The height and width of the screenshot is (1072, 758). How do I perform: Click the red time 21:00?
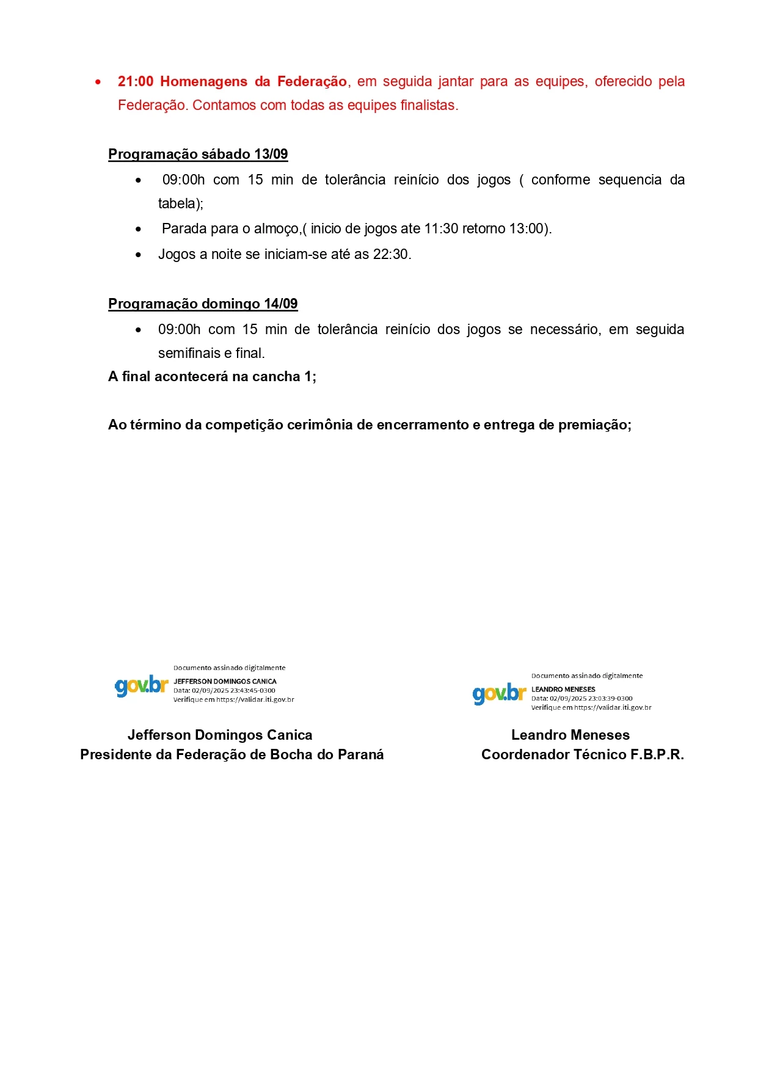pos(136,82)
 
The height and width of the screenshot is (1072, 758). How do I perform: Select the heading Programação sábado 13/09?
pos(198,155)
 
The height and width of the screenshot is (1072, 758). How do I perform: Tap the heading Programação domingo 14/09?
pos(203,304)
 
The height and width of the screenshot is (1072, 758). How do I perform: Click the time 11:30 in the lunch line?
pos(441,229)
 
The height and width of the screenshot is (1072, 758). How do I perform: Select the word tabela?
pos(177,204)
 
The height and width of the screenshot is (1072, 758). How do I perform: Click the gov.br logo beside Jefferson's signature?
pos(141,686)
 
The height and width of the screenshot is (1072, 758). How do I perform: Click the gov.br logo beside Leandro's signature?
pos(499,694)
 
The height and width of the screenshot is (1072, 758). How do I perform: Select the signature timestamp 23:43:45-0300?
pos(253,691)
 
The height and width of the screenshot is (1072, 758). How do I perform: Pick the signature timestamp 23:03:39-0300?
pos(610,699)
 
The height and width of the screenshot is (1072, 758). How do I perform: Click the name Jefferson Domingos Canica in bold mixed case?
pos(220,735)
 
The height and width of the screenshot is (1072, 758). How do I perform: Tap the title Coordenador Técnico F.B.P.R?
pos(582,755)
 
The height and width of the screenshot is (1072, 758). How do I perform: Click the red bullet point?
pos(98,82)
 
